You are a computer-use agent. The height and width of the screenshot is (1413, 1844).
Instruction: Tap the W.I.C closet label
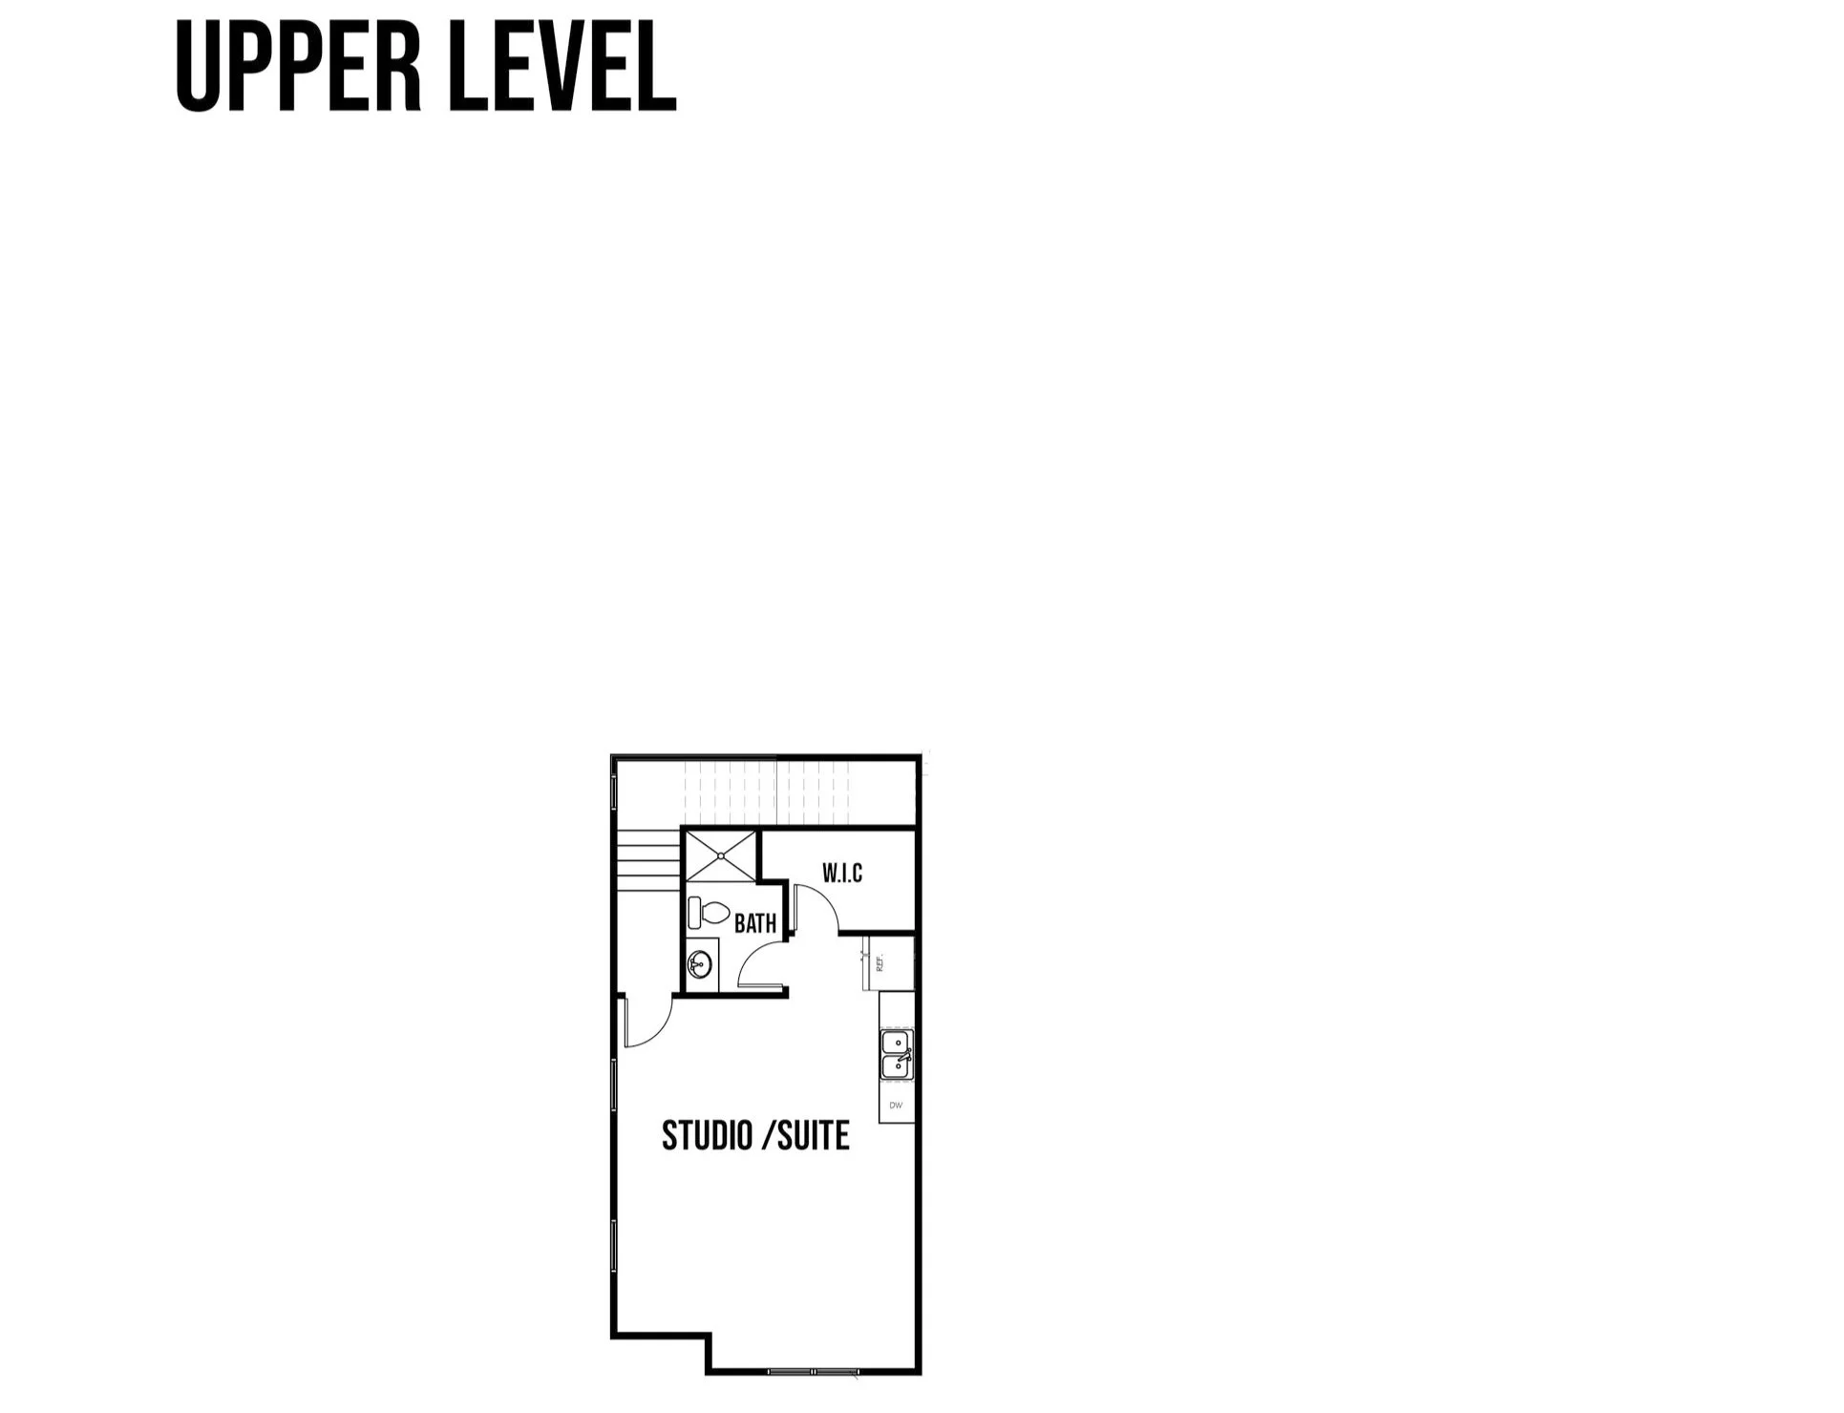[x=842, y=873]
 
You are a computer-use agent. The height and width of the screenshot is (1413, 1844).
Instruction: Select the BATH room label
[x=755, y=923]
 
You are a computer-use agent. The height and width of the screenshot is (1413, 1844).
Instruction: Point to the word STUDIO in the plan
[x=706, y=1136]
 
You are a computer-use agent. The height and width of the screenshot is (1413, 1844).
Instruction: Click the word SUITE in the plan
[x=813, y=1136]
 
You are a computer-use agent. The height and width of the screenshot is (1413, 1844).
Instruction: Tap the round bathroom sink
[x=701, y=964]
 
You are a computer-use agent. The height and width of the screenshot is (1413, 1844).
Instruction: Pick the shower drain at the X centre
[x=720, y=854]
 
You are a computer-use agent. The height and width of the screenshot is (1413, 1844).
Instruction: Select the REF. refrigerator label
[x=880, y=962]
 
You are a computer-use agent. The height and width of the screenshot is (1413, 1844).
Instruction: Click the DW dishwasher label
[x=896, y=1106]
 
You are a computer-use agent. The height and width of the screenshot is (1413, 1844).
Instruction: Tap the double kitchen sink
[x=896, y=1055]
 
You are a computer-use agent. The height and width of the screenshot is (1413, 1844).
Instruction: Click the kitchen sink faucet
[x=907, y=1055]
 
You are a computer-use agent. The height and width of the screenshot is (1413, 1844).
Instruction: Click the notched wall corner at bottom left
[x=710, y=1336]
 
